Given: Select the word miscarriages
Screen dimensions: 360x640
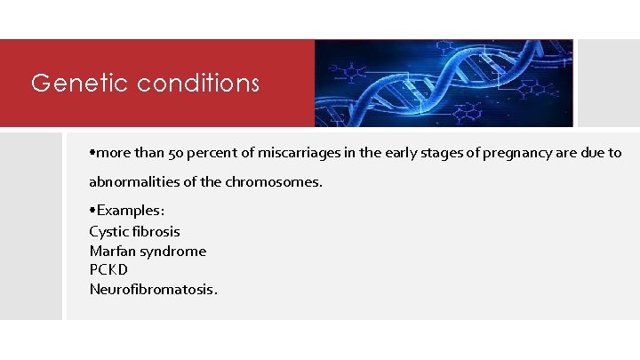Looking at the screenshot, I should [293, 153].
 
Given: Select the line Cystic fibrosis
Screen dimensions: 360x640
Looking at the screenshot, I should [134, 231].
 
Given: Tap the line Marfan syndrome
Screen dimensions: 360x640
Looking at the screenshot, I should [148, 251].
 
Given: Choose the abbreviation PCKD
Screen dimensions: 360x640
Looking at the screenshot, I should [108, 269].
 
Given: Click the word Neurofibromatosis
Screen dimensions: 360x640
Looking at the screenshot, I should [152, 289].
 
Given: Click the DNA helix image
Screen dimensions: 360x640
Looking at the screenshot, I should [444, 84].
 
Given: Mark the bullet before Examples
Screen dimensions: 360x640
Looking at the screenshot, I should [92, 211].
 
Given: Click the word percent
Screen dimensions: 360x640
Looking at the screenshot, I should [213, 153].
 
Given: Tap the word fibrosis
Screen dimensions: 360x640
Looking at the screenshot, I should [156, 231].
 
